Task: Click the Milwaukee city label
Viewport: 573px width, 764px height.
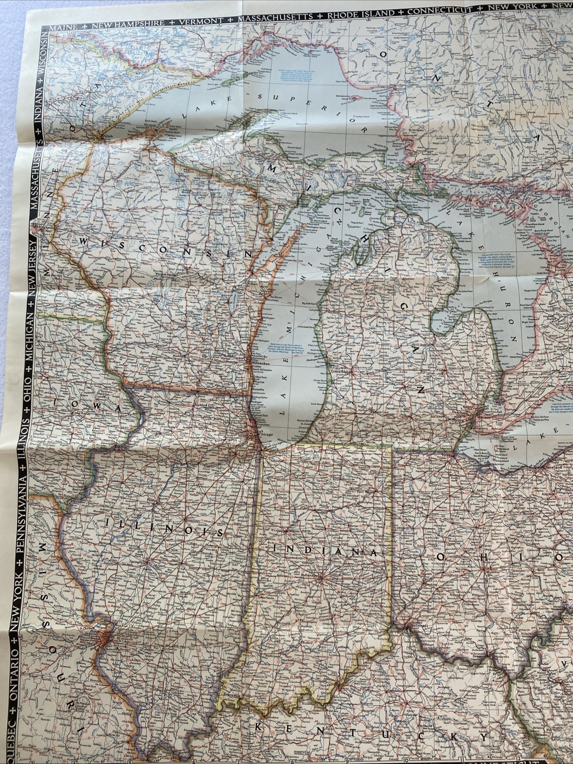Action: [x=258, y=364]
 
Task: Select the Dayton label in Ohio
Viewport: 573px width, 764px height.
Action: [x=431, y=584]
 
